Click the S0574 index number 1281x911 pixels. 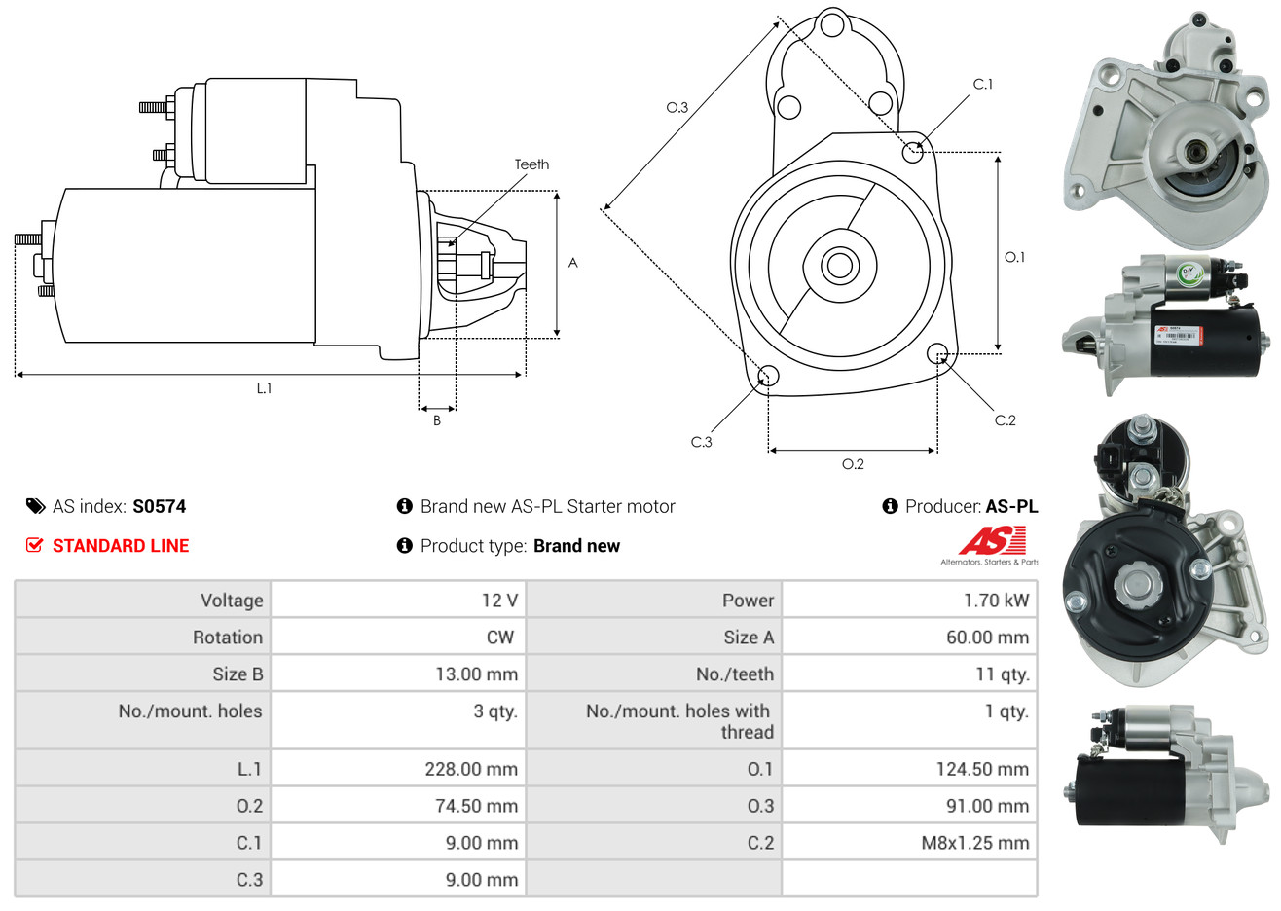point(159,506)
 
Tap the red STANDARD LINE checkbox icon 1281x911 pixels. point(35,545)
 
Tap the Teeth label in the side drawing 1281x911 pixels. point(531,164)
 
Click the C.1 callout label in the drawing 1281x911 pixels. point(983,85)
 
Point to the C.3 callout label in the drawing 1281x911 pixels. point(702,442)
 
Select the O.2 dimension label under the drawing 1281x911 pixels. point(853,464)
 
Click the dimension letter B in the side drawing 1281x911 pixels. point(437,420)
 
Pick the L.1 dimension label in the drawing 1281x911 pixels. point(264,388)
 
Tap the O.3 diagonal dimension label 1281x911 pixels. point(677,108)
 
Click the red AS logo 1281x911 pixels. point(992,541)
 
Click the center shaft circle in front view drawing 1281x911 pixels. point(838,265)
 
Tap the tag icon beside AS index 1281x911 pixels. point(36,506)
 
